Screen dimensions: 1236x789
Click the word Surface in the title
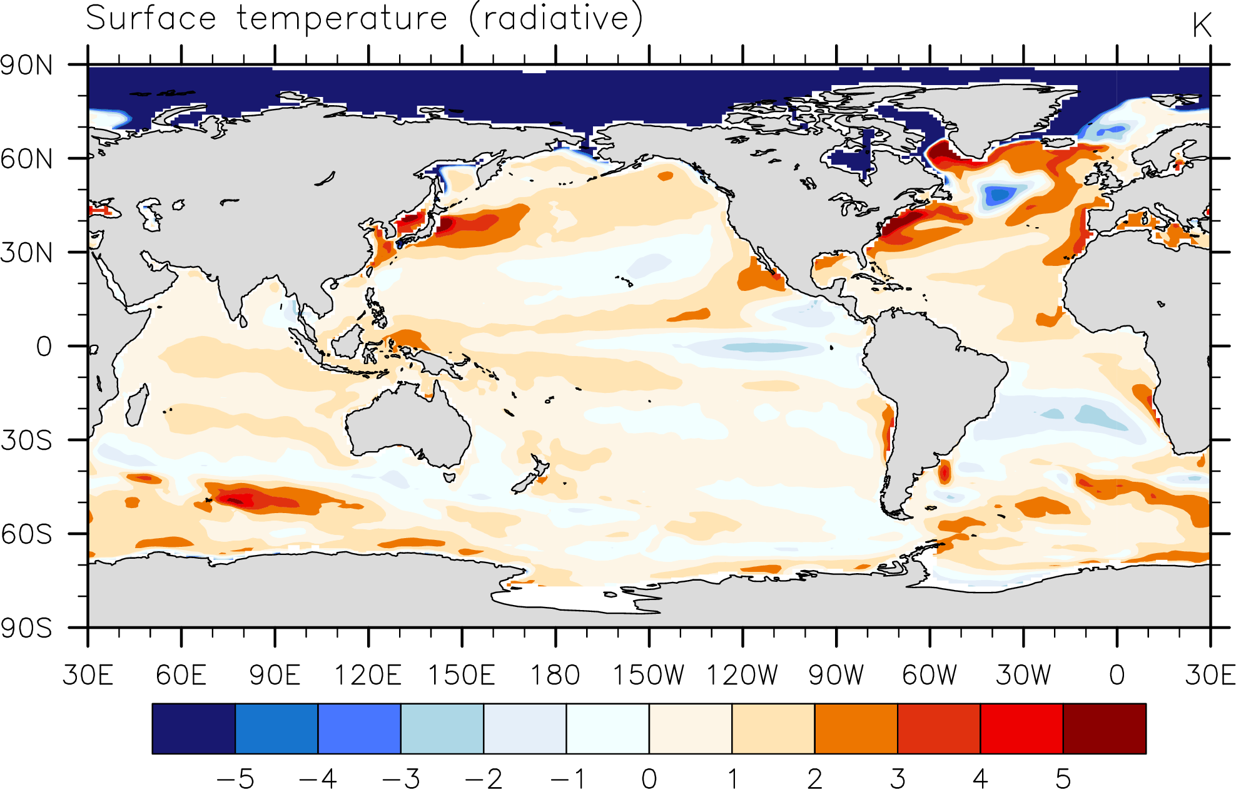[151, 18]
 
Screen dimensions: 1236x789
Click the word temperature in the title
[342, 19]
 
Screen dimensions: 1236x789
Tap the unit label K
[1202, 26]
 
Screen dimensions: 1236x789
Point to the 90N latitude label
[27, 65]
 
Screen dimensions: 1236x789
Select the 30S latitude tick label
[27, 440]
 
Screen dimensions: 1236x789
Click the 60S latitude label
[27, 534]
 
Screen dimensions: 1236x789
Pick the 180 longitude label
[555, 675]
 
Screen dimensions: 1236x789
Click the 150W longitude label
[649, 675]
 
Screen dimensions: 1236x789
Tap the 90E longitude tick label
[275, 675]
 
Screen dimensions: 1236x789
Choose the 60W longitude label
[930, 675]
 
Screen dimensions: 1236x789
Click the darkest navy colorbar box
[194, 728]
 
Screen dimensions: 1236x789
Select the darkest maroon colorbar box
[1105, 728]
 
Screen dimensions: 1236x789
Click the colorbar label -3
[401, 779]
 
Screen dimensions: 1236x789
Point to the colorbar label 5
[1063, 779]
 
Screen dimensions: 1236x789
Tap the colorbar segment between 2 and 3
[856, 728]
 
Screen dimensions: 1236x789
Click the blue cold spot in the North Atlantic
[999, 195]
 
